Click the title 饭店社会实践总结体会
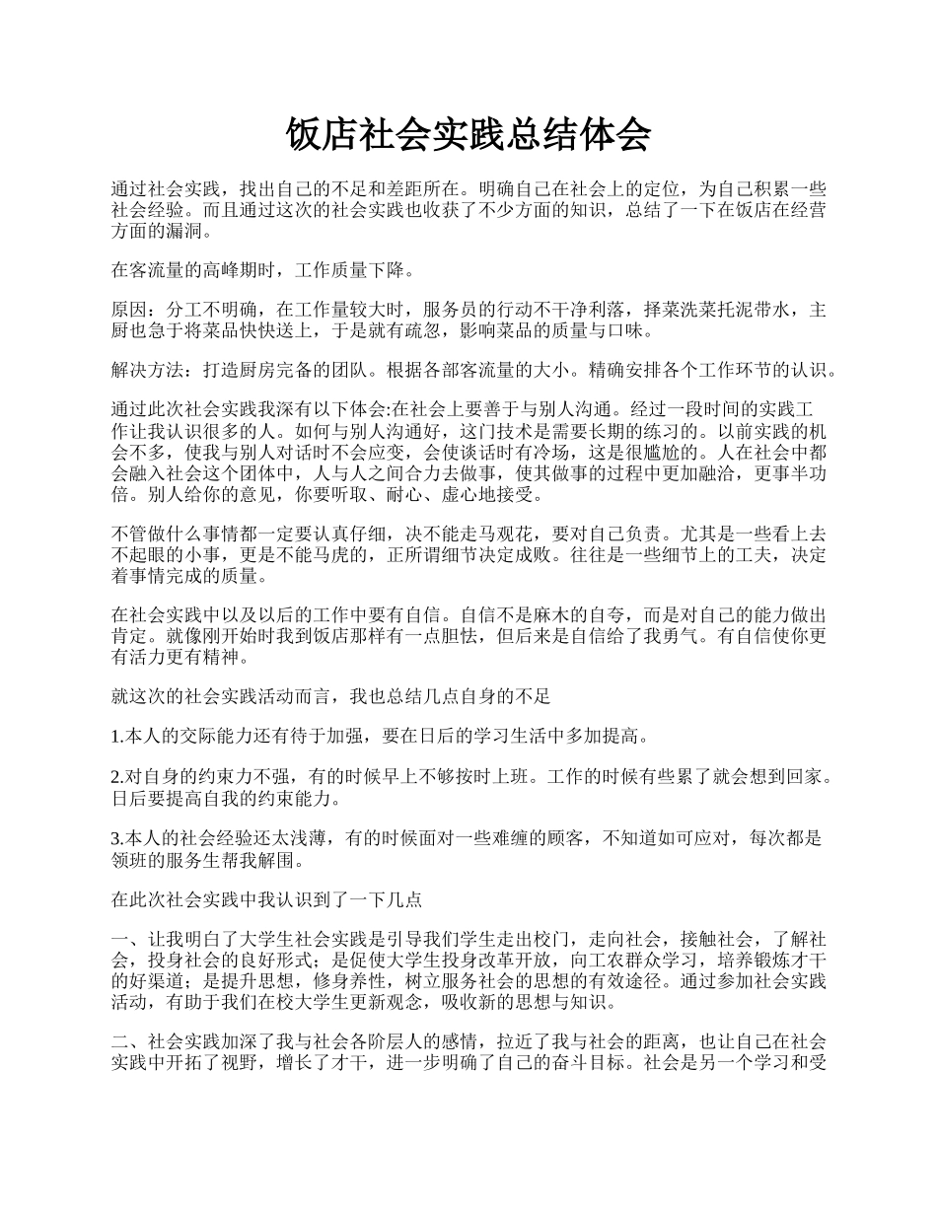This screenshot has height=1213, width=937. [x=468, y=134]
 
